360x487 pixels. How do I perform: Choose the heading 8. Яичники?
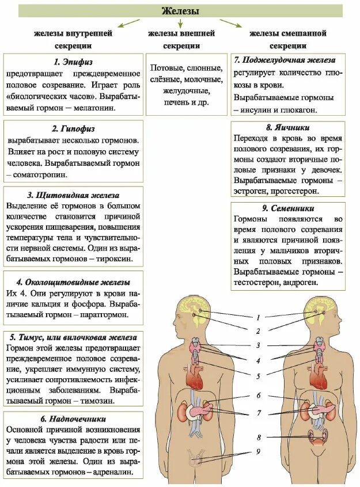click(x=289, y=128)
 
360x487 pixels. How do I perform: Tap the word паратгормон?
click(x=104, y=315)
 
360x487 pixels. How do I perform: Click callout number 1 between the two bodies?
click(x=259, y=317)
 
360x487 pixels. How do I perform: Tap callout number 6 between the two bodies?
click(x=259, y=395)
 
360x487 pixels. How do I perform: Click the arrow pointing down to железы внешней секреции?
click(x=180, y=24)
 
